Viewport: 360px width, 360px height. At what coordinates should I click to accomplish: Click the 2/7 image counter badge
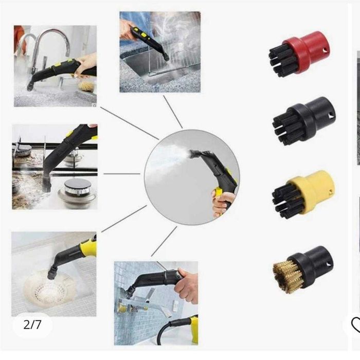(32, 325)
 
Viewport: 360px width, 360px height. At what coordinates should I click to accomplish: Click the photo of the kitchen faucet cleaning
(55, 66)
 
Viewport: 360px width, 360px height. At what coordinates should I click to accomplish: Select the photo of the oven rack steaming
(160, 52)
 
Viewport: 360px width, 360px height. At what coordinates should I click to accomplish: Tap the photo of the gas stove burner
(55, 166)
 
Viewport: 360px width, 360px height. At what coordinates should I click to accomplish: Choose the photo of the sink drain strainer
(53, 274)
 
